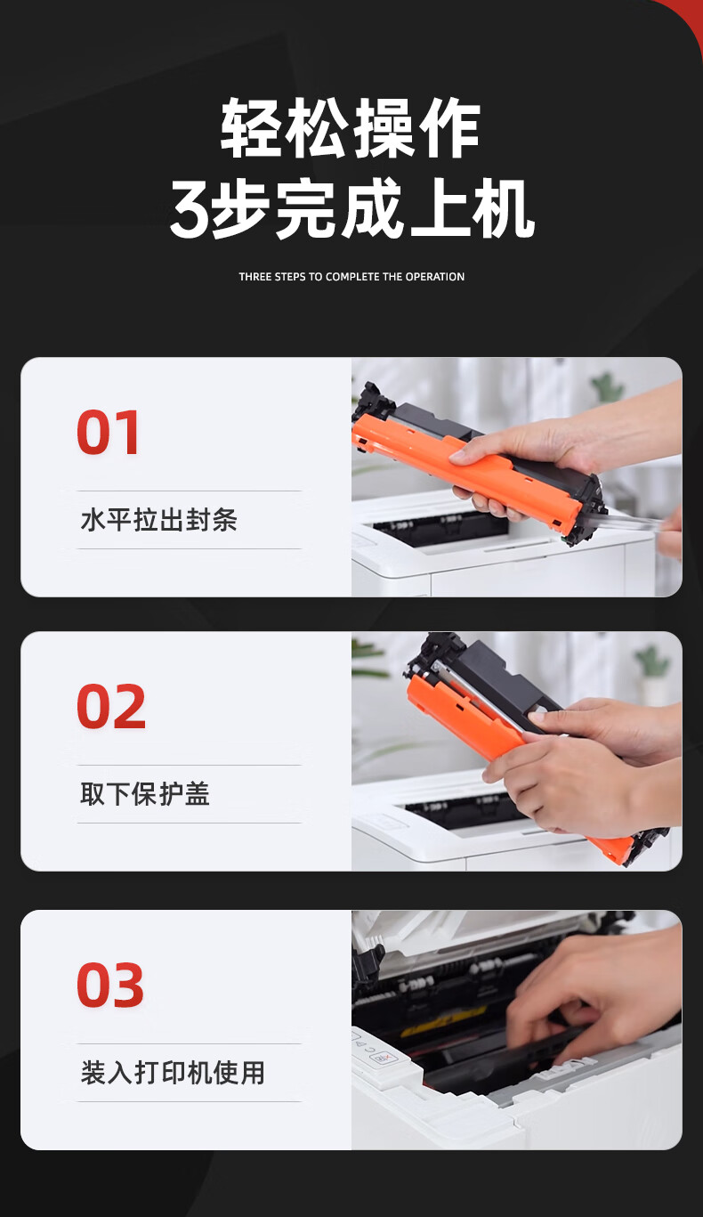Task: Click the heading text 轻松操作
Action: click(351, 128)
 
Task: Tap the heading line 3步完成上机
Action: click(351, 208)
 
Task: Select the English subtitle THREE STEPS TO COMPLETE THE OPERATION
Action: click(351, 277)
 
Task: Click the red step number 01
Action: click(108, 432)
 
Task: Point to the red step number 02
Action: click(110, 706)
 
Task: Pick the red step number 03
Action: click(110, 985)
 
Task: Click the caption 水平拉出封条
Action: click(158, 520)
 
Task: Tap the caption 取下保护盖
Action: click(145, 794)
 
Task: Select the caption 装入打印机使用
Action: click(173, 1073)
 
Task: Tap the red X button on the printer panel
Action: click(381, 1058)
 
